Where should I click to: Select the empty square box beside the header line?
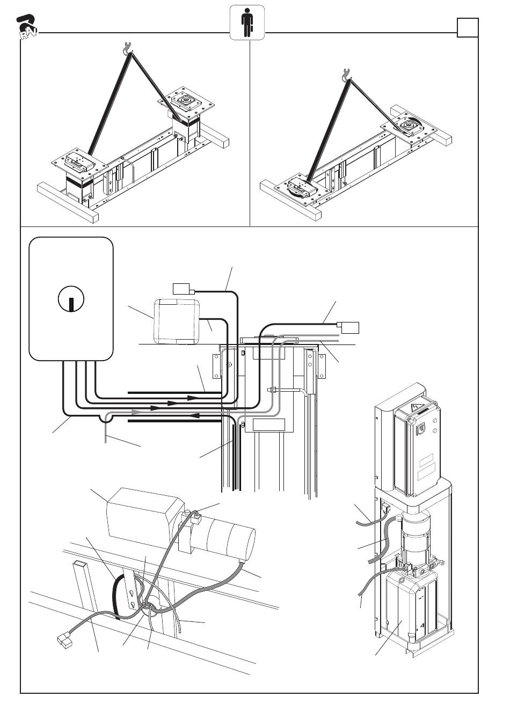pos(467,27)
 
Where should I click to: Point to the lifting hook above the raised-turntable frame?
pos(127,49)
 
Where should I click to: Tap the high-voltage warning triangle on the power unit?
pos(415,407)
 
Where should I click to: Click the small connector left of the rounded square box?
pos(180,289)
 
